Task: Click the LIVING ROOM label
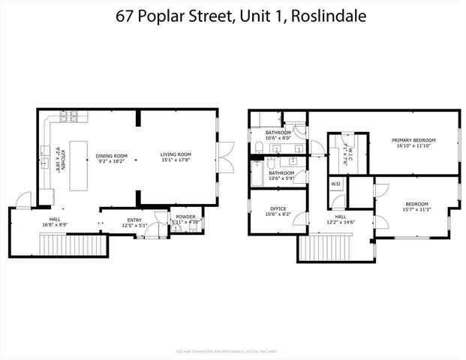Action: (176, 155)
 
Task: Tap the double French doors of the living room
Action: (220, 154)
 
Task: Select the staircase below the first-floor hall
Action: (71, 245)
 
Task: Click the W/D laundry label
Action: (335, 183)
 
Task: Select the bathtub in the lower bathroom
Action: (257, 172)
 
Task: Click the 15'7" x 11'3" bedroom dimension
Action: (416, 210)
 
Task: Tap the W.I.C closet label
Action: (346, 145)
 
